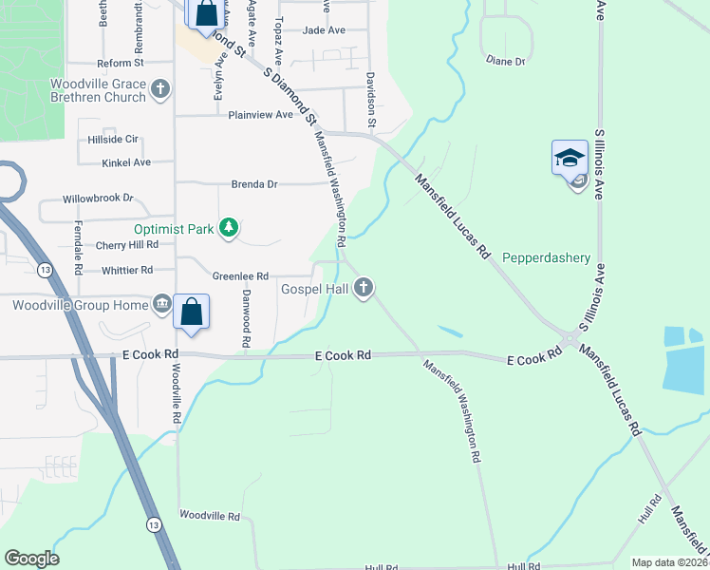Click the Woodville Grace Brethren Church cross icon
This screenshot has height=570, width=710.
[x=160, y=90]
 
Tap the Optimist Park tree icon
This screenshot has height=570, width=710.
[x=228, y=227]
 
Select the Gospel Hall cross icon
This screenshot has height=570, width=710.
[x=363, y=288]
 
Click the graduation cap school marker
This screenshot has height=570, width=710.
[x=570, y=158]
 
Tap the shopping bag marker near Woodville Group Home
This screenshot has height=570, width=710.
[x=192, y=312]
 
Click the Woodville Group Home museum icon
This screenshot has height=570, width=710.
[x=162, y=305]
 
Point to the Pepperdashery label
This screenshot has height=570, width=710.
[x=547, y=257]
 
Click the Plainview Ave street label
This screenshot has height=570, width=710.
[x=261, y=115]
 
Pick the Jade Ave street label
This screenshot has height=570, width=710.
[x=324, y=30]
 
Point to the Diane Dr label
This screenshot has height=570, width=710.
[x=505, y=61]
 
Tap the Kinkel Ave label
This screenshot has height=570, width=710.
[x=126, y=162]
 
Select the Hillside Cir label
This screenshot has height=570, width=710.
[x=113, y=138]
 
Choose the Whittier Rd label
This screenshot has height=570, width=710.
[x=127, y=270]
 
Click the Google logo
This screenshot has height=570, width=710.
[x=31, y=559]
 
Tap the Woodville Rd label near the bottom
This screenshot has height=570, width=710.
[x=210, y=516]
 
